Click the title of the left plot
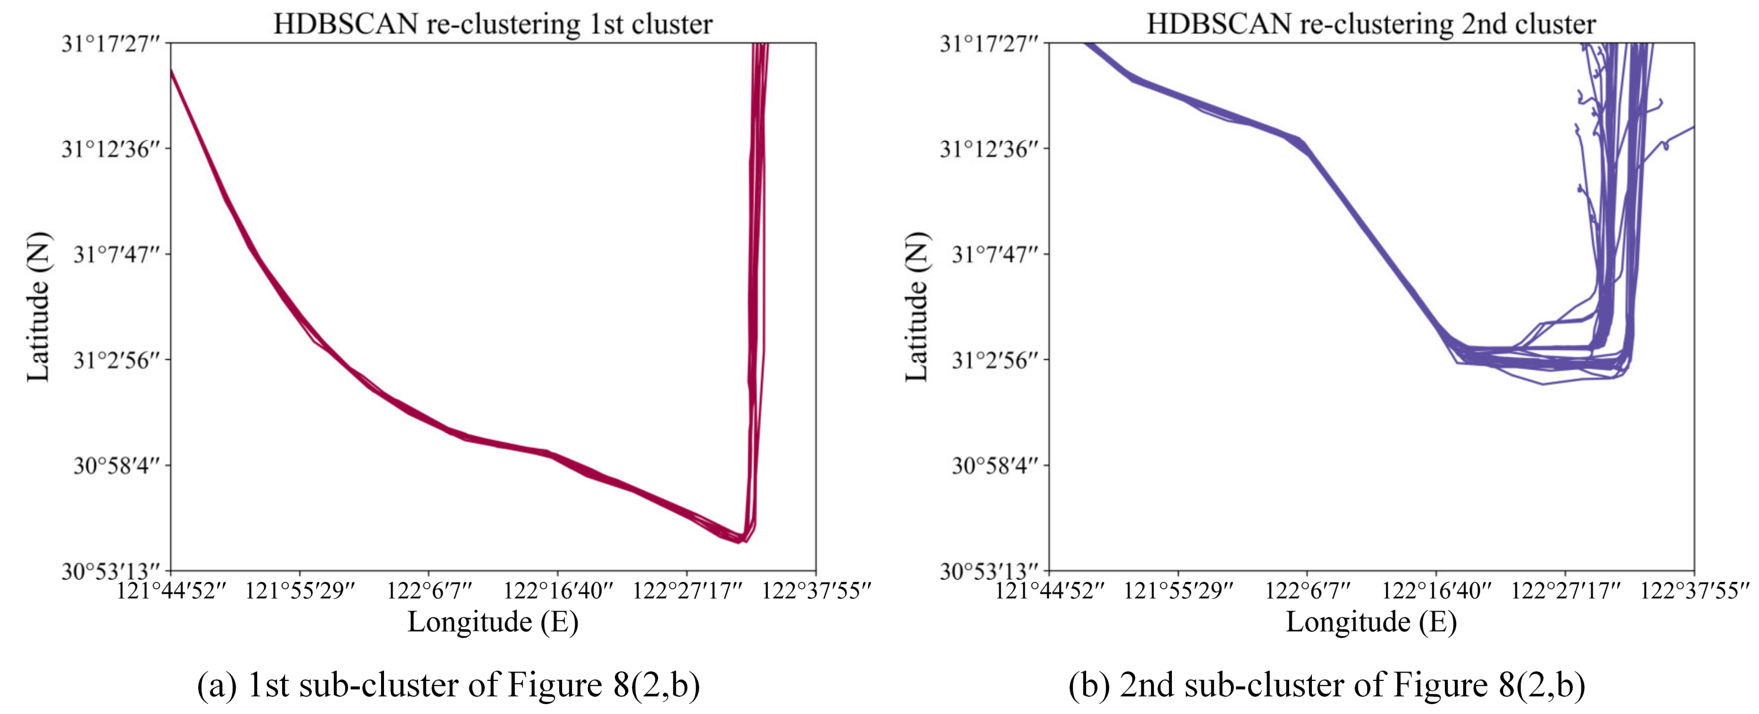(x=493, y=24)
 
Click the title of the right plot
(x=1371, y=24)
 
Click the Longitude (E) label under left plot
(x=493, y=622)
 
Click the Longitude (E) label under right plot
(x=1371, y=622)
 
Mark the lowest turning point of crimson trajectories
(x=739, y=541)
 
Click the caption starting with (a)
(x=448, y=685)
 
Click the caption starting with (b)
(x=1326, y=685)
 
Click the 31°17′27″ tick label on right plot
(x=989, y=44)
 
